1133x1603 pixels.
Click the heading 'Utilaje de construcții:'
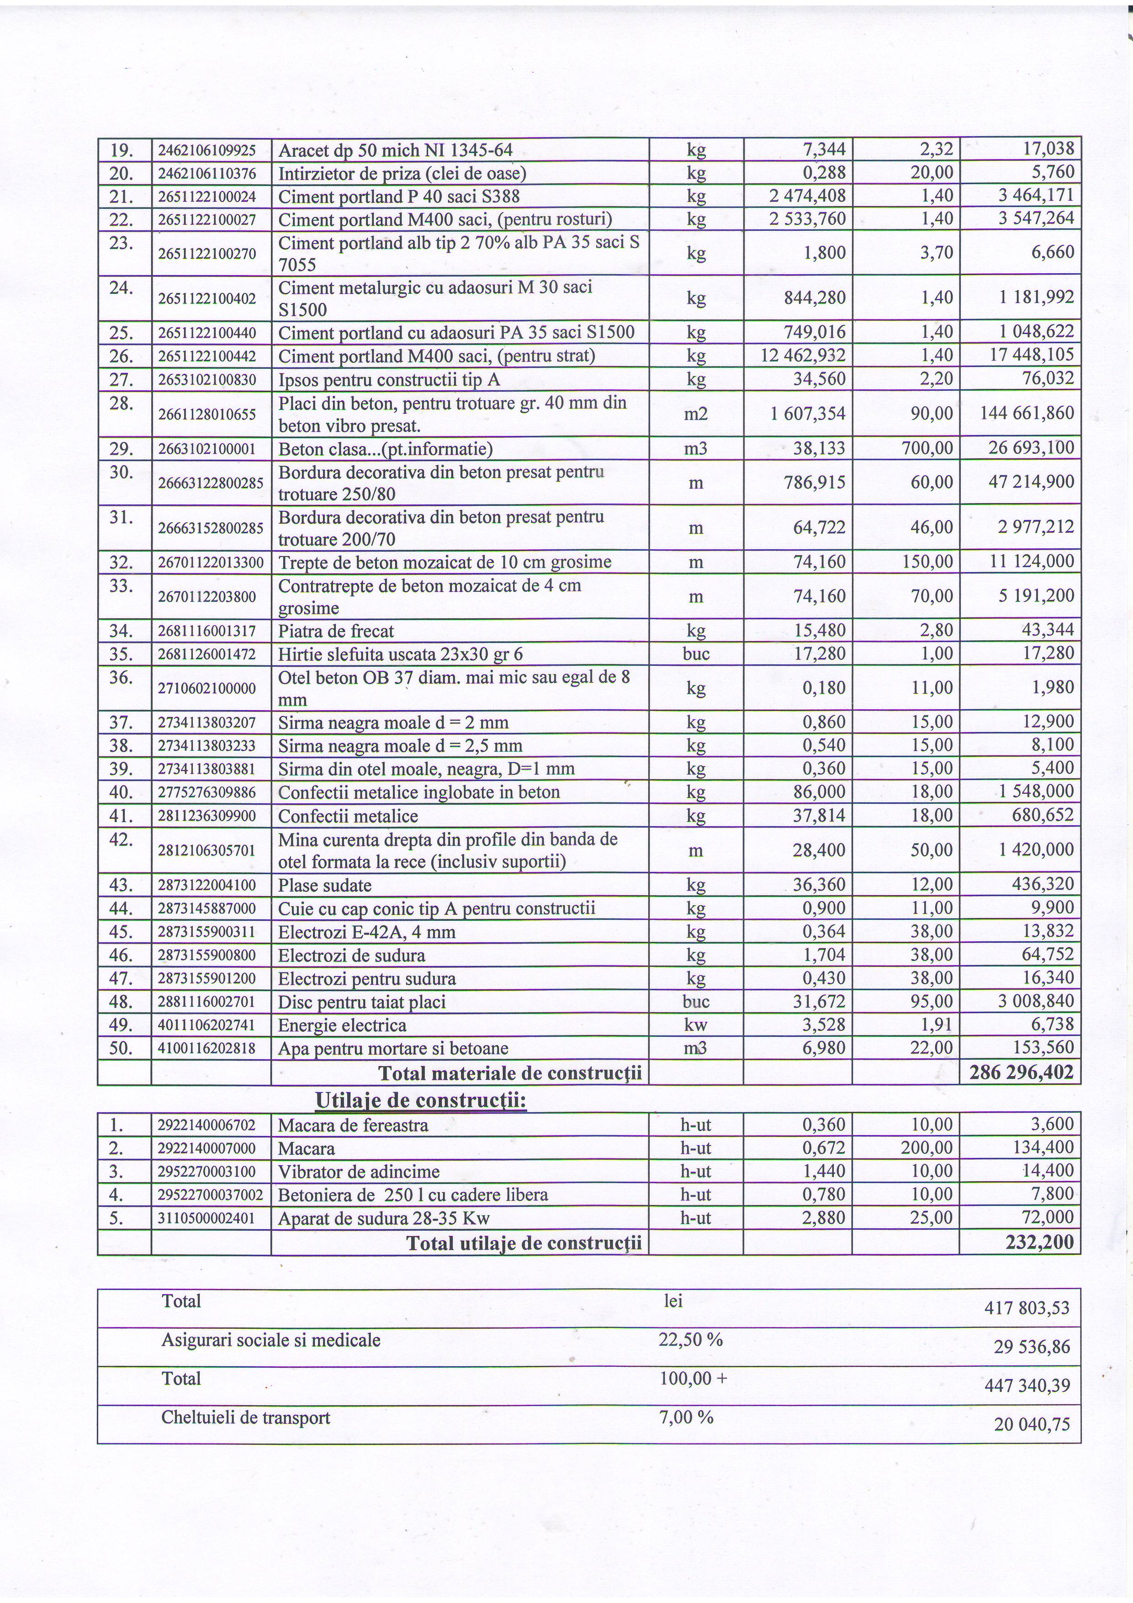(420, 1100)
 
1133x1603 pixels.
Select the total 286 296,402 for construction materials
(1022, 1072)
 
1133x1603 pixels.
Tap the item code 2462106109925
(207, 150)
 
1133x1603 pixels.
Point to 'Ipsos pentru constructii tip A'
(389, 380)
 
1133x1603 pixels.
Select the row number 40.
(122, 792)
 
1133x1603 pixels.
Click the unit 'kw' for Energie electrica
(696, 1025)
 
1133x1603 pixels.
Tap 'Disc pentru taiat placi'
(362, 1002)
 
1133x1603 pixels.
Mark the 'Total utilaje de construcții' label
(524, 1243)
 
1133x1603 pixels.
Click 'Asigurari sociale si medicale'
(271, 1340)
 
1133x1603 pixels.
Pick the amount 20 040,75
(1032, 1424)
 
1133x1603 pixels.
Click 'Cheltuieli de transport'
(246, 1417)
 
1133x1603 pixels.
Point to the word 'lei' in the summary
(673, 1300)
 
